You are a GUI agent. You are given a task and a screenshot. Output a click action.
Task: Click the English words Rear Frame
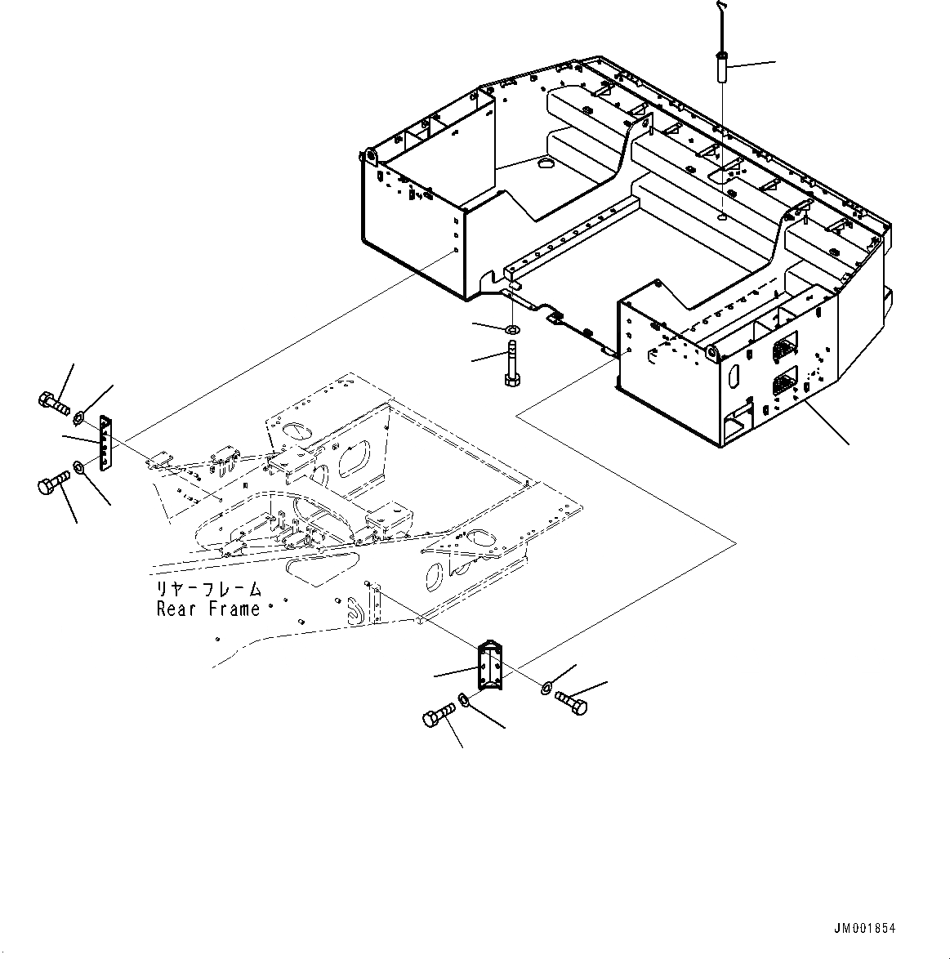(208, 609)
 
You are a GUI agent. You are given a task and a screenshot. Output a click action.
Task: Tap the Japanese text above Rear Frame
(208, 589)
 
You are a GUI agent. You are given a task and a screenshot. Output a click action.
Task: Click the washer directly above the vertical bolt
(512, 329)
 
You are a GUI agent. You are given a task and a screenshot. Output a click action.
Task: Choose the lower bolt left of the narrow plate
(51, 484)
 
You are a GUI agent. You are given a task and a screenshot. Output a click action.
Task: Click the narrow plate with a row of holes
(105, 444)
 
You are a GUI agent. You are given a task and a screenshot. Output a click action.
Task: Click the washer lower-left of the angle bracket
(464, 699)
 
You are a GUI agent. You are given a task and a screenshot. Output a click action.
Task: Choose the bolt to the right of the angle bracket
(571, 703)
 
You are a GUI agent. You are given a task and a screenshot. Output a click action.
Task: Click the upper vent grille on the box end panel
(782, 349)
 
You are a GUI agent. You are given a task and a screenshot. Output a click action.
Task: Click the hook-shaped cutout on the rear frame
(354, 611)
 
